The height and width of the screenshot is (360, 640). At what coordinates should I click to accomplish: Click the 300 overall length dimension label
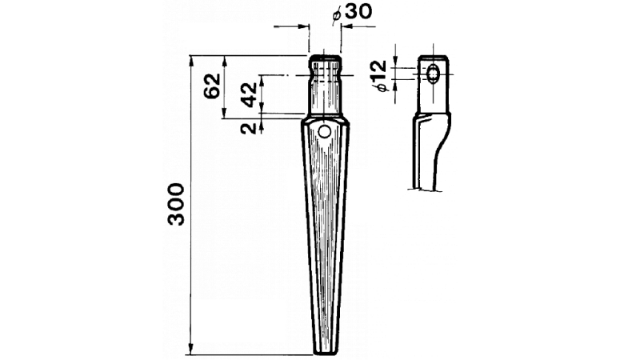tap(176, 205)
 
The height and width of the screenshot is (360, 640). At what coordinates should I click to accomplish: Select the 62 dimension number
tap(212, 86)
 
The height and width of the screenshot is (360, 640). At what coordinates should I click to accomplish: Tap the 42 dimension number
tap(250, 94)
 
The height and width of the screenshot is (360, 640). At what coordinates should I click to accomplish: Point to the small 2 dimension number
tap(248, 128)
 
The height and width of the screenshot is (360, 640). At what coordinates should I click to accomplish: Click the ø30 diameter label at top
tap(352, 12)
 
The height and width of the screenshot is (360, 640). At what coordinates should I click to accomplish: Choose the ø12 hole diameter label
tap(379, 75)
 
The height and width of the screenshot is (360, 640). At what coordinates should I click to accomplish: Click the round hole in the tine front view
tap(325, 131)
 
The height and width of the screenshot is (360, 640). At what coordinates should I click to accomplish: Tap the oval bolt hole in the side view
tap(432, 74)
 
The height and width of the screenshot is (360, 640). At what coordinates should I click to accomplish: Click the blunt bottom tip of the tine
tap(325, 352)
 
